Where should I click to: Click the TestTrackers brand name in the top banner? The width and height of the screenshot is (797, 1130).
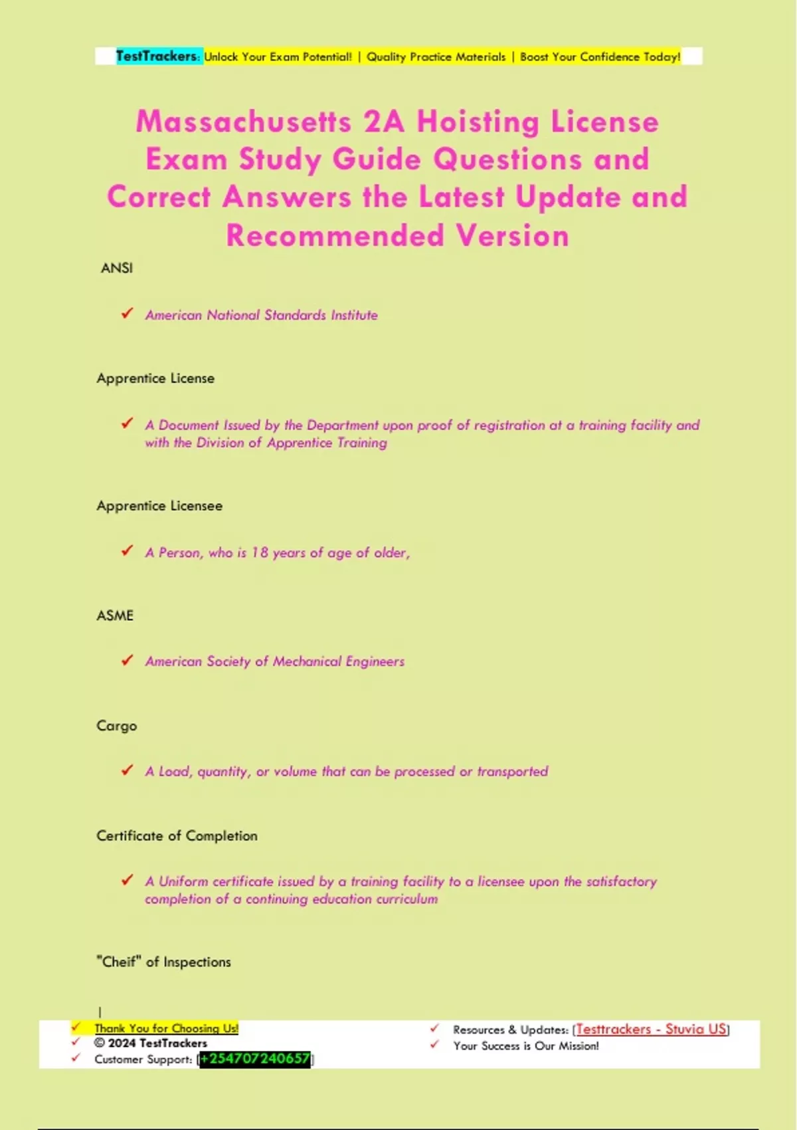click(157, 56)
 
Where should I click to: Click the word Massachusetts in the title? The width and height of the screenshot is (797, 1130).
click(244, 122)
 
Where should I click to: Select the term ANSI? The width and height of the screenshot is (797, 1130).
click(117, 268)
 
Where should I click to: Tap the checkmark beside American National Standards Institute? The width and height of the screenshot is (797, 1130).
click(127, 313)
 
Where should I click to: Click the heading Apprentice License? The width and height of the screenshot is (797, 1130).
click(155, 378)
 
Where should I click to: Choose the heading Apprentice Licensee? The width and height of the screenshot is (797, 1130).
click(159, 506)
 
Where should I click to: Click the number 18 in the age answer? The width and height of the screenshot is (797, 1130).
click(260, 552)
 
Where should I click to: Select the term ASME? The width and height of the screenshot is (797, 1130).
click(115, 616)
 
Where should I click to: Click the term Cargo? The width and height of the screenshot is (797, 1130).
click(117, 726)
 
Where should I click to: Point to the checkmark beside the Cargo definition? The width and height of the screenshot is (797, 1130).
click(127, 770)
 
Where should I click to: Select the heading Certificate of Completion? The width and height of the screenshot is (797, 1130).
click(177, 836)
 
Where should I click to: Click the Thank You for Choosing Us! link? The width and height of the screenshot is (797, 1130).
click(166, 1028)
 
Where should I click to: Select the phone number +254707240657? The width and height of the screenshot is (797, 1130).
click(255, 1059)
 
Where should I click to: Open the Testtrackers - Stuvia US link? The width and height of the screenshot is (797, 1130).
click(651, 1029)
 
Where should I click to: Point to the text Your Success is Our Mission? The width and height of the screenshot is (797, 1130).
click(526, 1046)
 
